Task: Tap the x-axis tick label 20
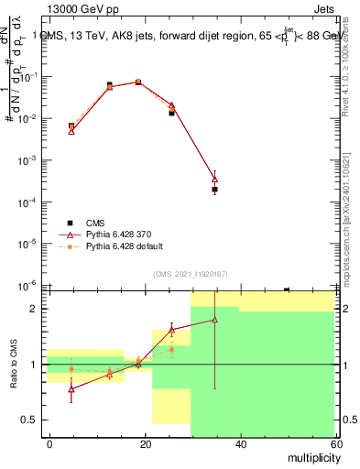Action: pyautogui.click(x=145, y=443)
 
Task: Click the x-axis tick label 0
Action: pyautogui.click(x=50, y=443)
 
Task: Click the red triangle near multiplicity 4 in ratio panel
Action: pyautogui.click(x=71, y=388)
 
